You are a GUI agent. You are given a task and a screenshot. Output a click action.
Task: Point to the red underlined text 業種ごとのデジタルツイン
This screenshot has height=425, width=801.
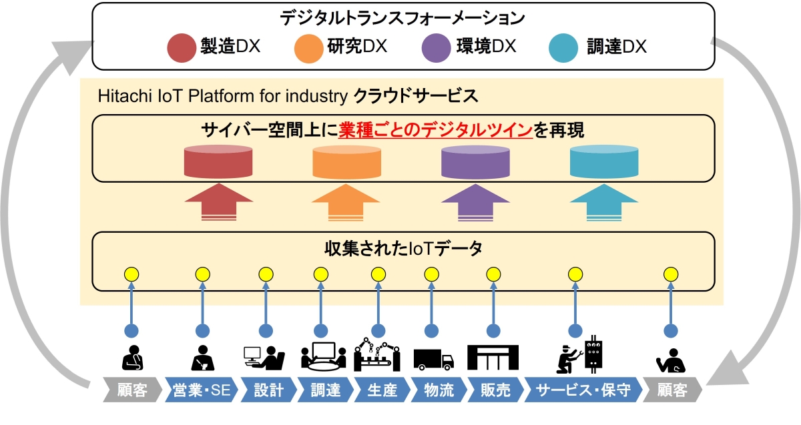tap(435, 129)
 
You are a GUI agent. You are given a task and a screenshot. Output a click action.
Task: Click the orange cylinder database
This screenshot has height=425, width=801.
tap(348, 161)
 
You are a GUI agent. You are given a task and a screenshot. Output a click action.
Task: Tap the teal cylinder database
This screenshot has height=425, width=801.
tap(604, 161)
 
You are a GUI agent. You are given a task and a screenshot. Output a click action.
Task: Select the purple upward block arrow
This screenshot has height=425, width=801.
tap(476, 202)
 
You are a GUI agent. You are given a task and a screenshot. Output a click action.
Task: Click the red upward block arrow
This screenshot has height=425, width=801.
tap(218, 202)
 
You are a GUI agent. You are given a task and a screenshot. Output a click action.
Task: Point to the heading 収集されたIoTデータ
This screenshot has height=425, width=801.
tap(403, 249)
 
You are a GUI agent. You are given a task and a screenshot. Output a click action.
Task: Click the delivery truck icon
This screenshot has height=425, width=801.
tap(433, 359)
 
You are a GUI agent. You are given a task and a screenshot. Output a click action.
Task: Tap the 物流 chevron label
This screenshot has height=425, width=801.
tap(438, 390)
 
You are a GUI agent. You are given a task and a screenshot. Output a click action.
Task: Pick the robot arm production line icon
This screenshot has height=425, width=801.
tap(377, 356)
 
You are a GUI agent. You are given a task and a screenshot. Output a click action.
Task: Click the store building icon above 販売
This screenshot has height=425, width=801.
tap(493, 357)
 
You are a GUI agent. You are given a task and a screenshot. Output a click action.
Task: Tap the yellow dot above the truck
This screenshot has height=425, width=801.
tap(432, 274)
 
